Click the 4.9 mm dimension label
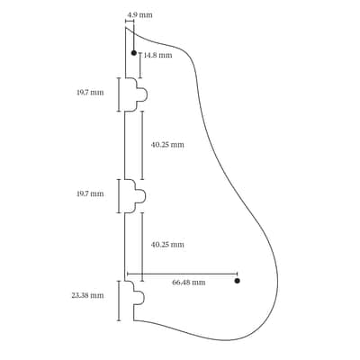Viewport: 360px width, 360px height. (x=139, y=14)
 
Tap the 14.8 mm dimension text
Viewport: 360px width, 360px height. (x=157, y=55)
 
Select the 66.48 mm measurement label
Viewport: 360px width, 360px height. (x=189, y=283)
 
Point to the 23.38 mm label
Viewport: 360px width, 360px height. (x=87, y=295)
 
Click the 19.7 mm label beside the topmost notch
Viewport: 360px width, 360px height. (x=90, y=93)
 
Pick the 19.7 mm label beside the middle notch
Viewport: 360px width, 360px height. (x=90, y=193)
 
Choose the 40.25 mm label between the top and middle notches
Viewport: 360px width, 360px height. (x=167, y=145)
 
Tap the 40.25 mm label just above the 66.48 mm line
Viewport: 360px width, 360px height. (x=167, y=245)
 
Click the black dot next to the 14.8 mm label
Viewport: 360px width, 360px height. (x=134, y=53)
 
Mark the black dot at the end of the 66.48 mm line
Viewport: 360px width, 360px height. (x=238, y=281)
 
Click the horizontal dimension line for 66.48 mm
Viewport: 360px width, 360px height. (x=183, y=274)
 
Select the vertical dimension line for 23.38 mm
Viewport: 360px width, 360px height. (x=119, y=301)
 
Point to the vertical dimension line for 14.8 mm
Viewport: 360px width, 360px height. (x=140, y=66)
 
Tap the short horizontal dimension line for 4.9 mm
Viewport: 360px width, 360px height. (x=130, y=21)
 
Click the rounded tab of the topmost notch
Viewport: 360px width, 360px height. (x=142, y=94)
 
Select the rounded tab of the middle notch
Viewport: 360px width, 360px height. (x=141, y=196)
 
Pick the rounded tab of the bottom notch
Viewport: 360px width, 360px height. (x=139, y=297)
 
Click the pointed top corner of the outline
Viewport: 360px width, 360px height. (x=125, y=27)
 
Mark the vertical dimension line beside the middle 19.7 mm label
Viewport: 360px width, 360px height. (x=119, y=196)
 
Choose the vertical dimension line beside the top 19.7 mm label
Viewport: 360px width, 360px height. (x=119, y=94)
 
